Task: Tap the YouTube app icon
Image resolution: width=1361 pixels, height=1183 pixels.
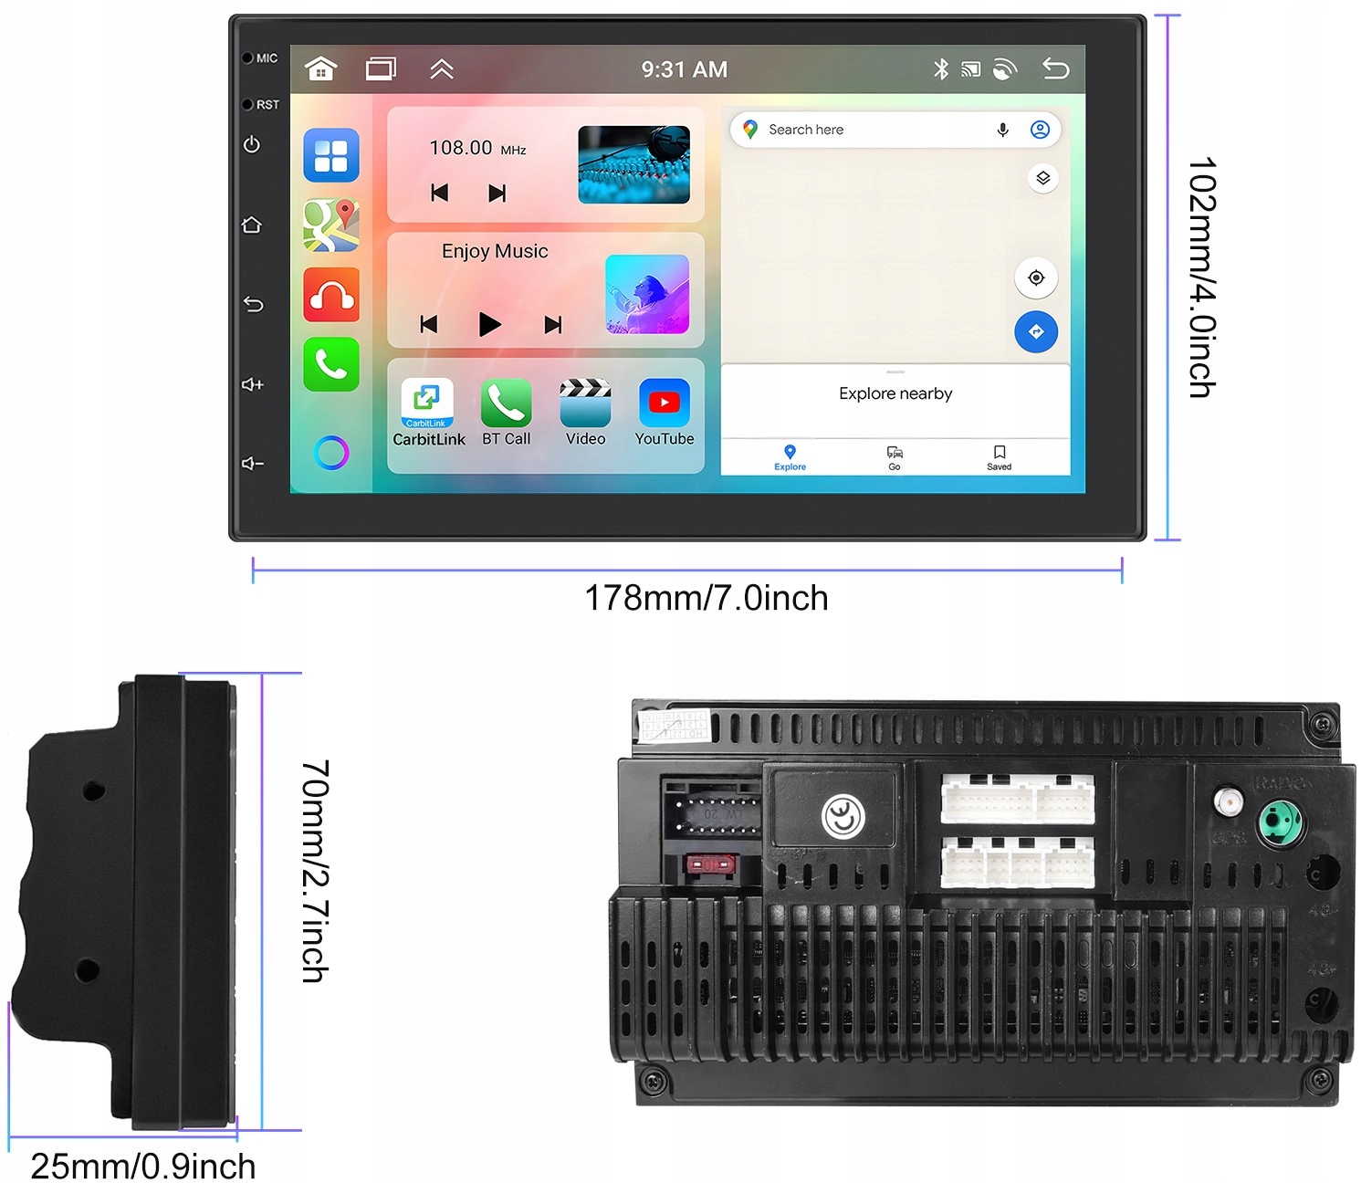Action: (x=664, y=403)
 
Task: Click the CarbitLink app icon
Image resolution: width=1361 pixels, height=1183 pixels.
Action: (x=427, y=403)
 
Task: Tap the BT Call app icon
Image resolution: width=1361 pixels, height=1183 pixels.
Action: (x=506, y=403)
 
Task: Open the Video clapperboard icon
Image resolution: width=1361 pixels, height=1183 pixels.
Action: (x=585, y=403)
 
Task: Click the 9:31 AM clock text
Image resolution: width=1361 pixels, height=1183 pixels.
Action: (x=684, y=69)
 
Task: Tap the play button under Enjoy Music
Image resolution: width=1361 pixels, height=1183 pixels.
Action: (x=489, y=324)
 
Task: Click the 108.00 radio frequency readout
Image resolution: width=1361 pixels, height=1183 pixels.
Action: (x=461, y=148)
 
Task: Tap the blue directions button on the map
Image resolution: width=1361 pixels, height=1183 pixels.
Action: (x=1036, y=332)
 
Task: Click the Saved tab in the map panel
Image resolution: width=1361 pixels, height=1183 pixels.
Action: (x=1000, y=457)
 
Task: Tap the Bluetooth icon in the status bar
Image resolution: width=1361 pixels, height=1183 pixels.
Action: (x=941, y=69)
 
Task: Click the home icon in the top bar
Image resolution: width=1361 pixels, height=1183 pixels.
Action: (x=321, y=69)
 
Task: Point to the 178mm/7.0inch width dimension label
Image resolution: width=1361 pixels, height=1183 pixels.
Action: (x=706, y=599)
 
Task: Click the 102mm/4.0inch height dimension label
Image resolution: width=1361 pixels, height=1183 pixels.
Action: (x=1201, y=277)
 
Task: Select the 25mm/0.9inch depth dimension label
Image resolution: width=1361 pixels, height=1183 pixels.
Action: (x=143, y=1166)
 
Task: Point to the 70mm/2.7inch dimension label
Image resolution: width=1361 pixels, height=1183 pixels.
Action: (x=315, y=871)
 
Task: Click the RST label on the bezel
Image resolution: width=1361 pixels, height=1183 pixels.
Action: (x=267, y=105)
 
